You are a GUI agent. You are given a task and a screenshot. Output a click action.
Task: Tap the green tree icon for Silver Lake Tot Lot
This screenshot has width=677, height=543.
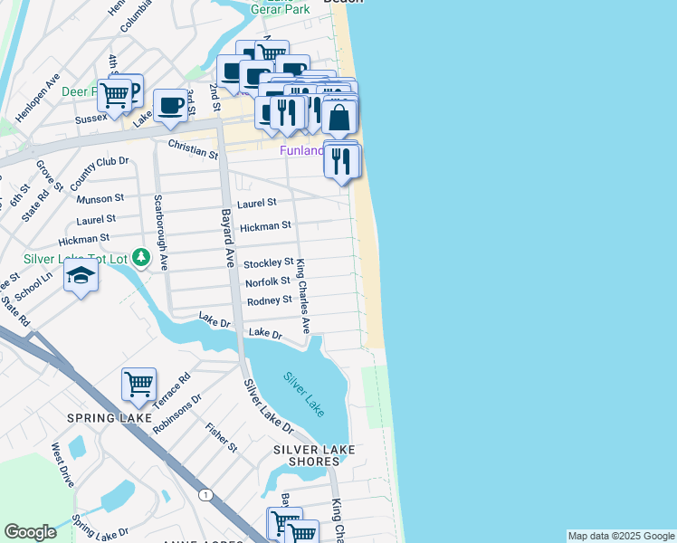point(140,259)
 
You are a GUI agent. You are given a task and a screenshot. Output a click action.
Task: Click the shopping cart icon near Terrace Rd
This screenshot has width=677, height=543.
point(138,384)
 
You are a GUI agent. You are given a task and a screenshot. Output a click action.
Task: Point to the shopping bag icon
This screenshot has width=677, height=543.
point(339,118)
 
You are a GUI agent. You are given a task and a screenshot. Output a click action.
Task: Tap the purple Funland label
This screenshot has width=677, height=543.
point(300,151)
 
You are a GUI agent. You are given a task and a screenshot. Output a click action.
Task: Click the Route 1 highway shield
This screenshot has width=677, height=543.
point(206,494)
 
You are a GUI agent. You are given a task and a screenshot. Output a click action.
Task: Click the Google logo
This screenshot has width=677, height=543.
point(30,532)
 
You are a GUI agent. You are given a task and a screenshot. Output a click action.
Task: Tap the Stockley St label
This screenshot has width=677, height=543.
point(269,263)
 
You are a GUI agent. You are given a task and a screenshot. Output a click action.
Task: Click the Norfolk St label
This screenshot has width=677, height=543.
point(267,281)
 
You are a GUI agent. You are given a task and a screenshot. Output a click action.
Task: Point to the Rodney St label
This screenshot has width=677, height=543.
point(270,300)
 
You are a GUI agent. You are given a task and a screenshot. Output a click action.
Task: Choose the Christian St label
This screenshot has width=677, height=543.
point(193,148)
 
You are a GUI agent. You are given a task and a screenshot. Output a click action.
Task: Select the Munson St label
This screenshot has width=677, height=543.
point(100,197)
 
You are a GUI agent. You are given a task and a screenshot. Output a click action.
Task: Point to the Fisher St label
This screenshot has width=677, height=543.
point(221,436)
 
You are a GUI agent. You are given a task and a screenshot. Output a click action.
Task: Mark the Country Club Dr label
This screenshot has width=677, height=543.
point(100,173)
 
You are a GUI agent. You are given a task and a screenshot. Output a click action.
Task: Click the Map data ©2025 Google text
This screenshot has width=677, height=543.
point(620,536)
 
